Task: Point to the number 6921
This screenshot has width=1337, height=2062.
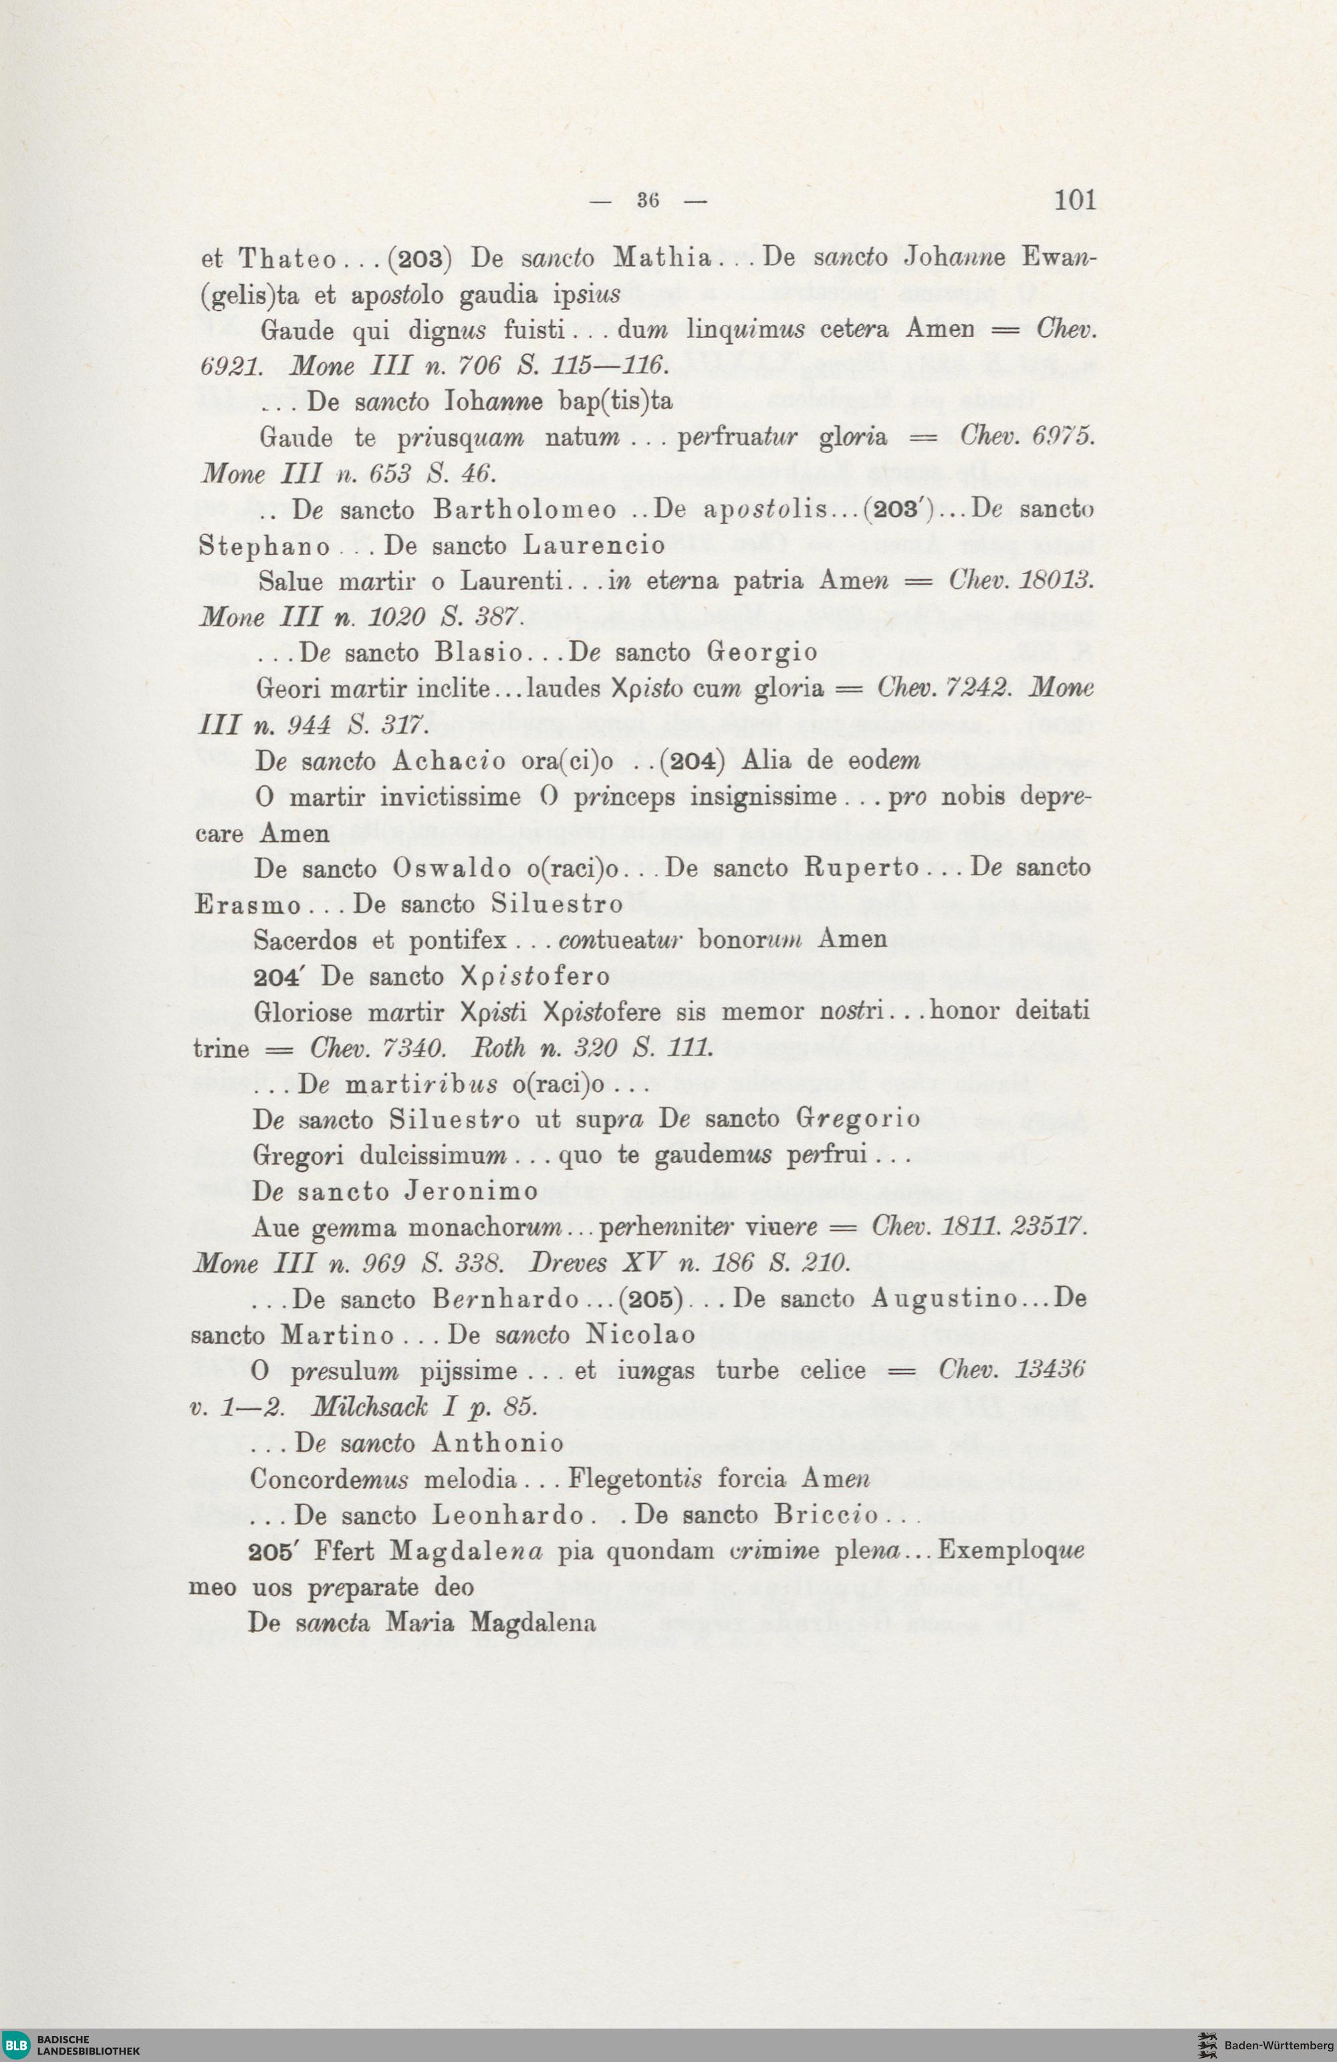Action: click(x=231, y=366)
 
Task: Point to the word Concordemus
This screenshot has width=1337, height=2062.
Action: click(x=330, y=1479)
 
